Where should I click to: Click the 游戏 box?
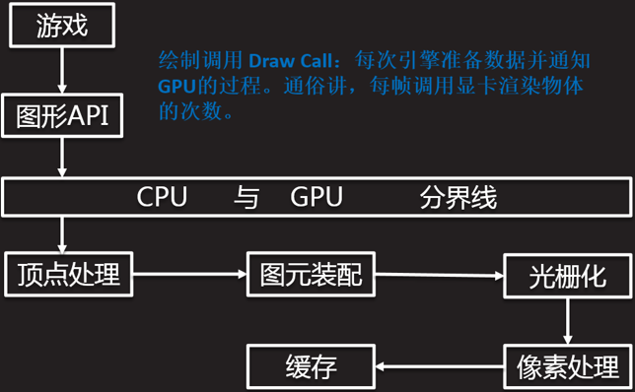(x=62, y=25)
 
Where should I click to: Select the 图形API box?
(x=62, y=115)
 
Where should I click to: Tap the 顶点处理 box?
(x=68, y=274)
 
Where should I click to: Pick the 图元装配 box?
(x=311, y=274)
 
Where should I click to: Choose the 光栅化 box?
(x=567, y=276)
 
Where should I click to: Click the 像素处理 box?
(x=567, y=367)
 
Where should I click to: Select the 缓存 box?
(x=311, y=366)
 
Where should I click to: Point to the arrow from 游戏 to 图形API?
(x=62, y=71)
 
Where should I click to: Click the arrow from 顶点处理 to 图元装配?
(x=189, y=274)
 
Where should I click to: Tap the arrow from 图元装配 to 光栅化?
(x=440, y=275)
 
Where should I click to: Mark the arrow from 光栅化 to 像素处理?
(x=568, y=322)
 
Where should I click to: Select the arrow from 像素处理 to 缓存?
(x=440, y=367)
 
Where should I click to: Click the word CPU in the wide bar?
(x=162, y=197)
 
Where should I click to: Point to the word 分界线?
(x=459, y=197)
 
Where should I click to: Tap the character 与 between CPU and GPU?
(x=247, y=197)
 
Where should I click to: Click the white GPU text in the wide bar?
(x=317, y=197)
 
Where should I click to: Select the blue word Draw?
(x=271, y=61)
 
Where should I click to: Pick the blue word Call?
(x=317, y=61)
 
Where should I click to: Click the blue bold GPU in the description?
(x=176, y=86)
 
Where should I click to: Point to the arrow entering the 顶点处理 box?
(x=62, y=234)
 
